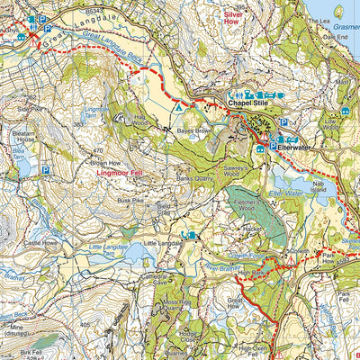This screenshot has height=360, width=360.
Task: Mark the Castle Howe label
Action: [x=41, y=243]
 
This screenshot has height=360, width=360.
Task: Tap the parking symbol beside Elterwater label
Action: [x=274, y=144]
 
